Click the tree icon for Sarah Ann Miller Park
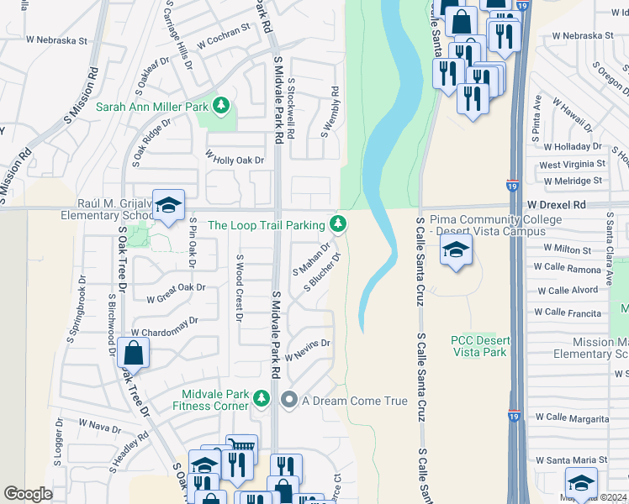tap(220, 106)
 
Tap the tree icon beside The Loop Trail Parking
tap(337, 223)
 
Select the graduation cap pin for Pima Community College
tap(456, 250)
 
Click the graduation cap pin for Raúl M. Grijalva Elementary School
tap(168, 207)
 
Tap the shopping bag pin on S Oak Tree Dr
tap(133, 354)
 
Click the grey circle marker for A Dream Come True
tap(289, 401)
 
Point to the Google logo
tap(28, 493)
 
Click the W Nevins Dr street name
tap(308, 349)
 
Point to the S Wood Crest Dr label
tap(239, 288)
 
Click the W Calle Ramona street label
tap(573, 270)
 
